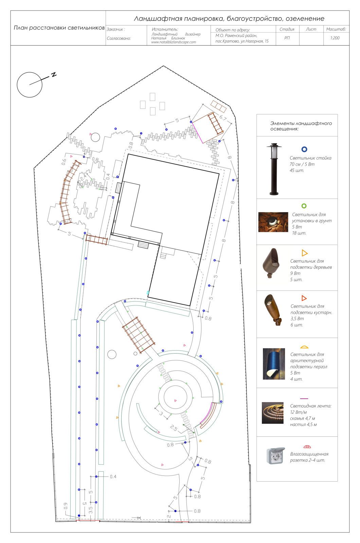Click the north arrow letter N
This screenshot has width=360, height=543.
coord(54,74)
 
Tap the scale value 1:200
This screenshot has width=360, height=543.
coord(335,38)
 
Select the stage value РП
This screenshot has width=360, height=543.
coord(287,38)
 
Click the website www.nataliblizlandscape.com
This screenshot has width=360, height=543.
coord(174,42)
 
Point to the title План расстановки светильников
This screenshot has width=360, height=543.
coord(59,27)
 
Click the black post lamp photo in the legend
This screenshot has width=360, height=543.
coord(274,169)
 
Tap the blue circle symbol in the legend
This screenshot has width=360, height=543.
coord(304,149)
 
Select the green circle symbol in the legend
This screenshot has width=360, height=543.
coord(304,206)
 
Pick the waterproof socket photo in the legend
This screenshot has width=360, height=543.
coord(275,455)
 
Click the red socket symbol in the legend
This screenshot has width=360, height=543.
coord(307,447)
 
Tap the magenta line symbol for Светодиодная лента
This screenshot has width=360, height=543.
coord(304,398)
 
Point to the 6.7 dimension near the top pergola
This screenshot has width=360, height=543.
coord(223,118)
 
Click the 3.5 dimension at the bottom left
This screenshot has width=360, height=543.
coord(90,510)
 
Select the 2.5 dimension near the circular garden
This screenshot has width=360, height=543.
coord(174,428)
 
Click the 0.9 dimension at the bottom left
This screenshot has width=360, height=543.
coord(66,506)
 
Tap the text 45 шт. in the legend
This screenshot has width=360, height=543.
coord(297,170)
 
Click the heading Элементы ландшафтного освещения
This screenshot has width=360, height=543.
coord(301,126)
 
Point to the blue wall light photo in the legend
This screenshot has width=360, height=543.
coord(274,364)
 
